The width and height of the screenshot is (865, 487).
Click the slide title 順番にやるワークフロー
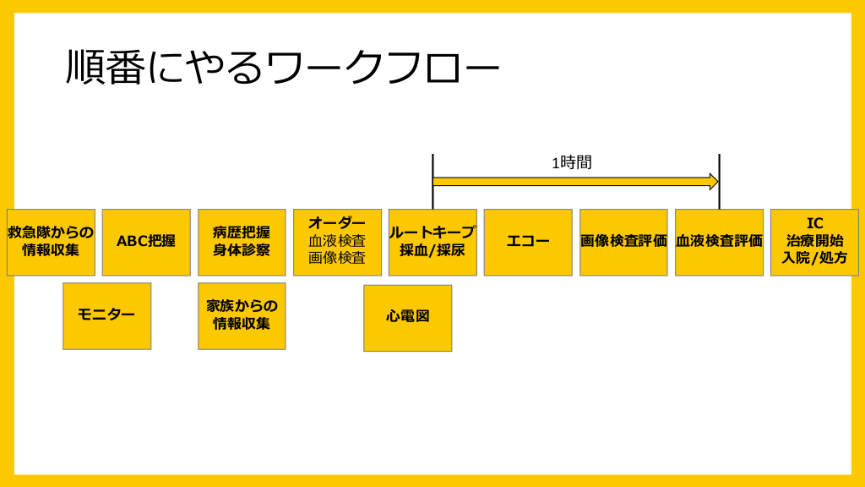point(282,68)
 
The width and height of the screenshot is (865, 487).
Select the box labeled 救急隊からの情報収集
point(51,242)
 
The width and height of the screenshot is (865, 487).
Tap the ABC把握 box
point(146,242)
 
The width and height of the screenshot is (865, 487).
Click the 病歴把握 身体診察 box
point(242,242)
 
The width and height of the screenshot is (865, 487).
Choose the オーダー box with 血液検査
point(337,242)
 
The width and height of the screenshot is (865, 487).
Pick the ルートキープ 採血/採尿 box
point(432,242)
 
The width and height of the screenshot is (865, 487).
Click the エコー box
point(528,242)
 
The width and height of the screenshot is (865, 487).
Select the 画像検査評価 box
point(623,242)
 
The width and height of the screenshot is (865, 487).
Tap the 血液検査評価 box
point(719,242)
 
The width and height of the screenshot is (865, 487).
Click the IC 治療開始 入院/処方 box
point(814,242)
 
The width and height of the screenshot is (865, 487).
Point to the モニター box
point(106,315)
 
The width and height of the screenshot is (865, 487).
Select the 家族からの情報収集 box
point(242,315)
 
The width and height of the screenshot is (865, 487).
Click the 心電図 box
point(408,317)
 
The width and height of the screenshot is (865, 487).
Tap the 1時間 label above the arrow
point(572,162)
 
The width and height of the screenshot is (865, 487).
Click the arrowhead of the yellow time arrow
point(714,181)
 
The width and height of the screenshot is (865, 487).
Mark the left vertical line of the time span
point(432,169)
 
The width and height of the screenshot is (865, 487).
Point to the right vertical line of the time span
point(719,169)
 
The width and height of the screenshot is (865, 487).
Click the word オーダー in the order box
point(337,223)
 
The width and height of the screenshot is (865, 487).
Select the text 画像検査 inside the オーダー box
point(337,258)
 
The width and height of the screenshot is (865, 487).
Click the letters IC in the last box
point(814,223)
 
